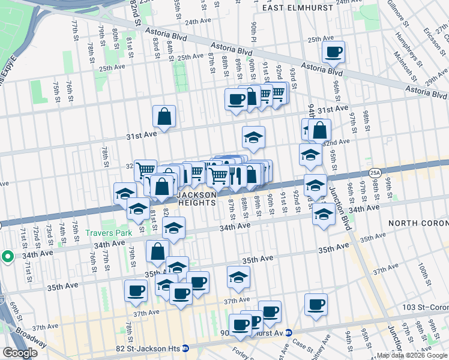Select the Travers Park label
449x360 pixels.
108,233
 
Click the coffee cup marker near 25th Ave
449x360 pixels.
333,52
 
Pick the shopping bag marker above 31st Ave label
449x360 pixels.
164,116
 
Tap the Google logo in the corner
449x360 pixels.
20,353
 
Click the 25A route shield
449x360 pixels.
375,172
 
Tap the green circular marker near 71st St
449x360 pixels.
7,257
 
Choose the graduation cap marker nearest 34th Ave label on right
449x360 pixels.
324,214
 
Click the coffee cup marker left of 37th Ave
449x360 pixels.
136,291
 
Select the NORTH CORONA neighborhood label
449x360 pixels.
418,223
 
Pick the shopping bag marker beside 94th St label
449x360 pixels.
320,130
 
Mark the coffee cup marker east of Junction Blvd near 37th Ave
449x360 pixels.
315,304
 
